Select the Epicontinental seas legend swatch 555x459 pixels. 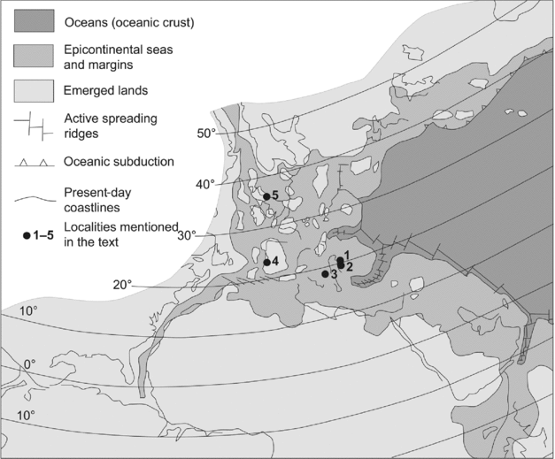35,55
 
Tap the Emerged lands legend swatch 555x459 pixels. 35,90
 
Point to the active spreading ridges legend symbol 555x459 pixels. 35,126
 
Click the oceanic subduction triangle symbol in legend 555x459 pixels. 35,161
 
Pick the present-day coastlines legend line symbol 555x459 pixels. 35,196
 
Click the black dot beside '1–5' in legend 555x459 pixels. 27,235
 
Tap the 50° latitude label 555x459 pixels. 205,134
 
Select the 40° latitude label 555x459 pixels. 205,184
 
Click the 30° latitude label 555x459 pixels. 187,235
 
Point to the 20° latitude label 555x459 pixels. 122,285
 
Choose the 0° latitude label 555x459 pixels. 29,363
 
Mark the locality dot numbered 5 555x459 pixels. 266,196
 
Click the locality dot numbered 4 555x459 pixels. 266,262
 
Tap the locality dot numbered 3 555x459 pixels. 325,274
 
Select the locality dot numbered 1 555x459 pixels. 340,260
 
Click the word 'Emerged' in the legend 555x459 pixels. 92,90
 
